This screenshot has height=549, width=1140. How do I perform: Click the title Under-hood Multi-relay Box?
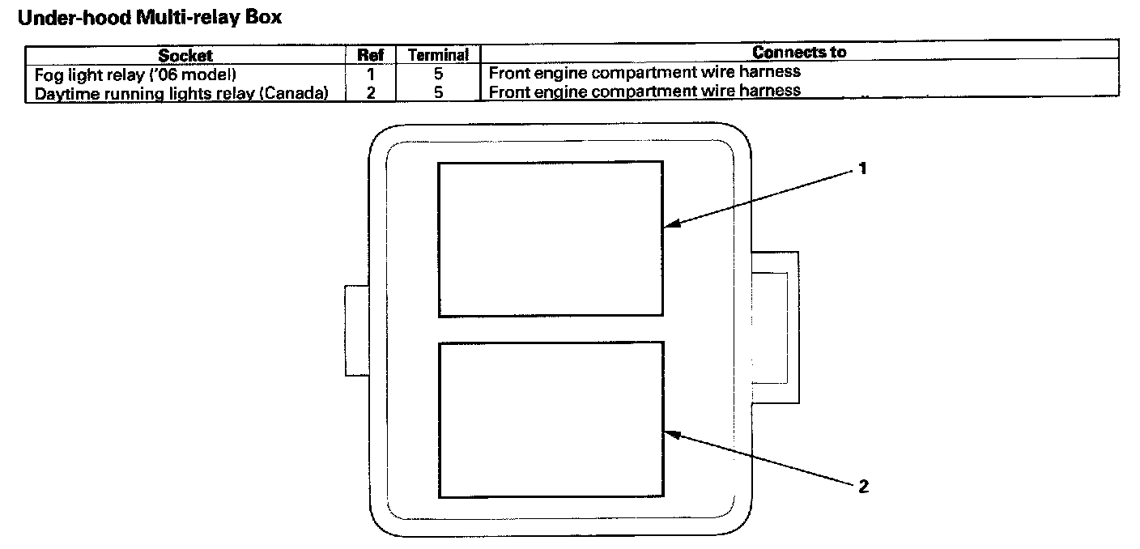[149, 17]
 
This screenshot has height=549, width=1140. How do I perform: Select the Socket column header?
[185, 55]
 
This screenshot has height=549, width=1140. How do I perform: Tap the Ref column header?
[370, 55]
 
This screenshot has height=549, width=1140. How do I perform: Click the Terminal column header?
[438, 55]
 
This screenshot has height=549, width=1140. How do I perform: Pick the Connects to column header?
[798, 53]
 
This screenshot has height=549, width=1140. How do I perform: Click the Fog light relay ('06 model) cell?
[135, 74]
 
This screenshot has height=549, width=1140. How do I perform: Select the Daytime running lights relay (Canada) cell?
[181, 92]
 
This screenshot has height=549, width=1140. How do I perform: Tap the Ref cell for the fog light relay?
[370, 74]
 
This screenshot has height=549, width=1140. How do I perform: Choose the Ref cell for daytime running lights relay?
[370, 92]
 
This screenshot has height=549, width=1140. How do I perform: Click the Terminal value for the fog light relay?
[438, 74]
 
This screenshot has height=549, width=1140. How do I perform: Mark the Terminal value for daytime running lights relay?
[438, 92]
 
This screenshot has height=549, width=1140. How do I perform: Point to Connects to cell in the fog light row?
[644, 73]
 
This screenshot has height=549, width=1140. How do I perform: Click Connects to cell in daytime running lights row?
[644, 91]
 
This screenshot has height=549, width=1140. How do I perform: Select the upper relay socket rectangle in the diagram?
[551, 239]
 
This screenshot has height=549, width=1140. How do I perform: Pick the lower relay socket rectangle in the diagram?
[551, 419]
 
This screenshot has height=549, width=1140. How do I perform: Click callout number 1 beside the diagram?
[863, 169]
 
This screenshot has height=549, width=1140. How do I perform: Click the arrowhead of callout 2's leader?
[671, 435]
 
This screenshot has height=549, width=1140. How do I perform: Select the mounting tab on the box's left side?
[357, 330]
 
